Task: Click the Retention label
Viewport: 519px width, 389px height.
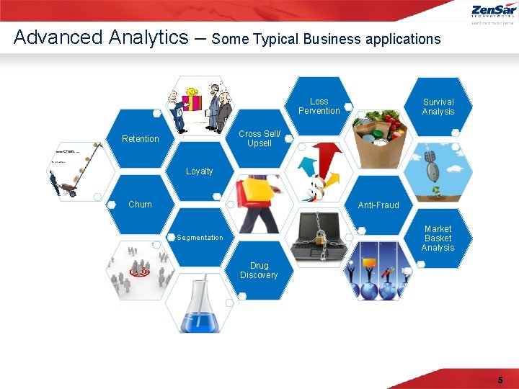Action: pos(141,139)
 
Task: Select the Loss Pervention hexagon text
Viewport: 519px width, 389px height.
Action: pos(319,107)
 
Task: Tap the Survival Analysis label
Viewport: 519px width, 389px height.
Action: pos(438,107)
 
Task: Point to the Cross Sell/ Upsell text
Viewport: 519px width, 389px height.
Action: pos(259,138)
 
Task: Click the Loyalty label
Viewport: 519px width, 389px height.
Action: pos(200,171)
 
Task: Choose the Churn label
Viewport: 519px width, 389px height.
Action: pos(140,205)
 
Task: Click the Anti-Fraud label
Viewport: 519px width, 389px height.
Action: pos(378,205)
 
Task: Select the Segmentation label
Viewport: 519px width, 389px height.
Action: pos(200,238)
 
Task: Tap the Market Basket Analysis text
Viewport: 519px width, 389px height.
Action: pos(438,238)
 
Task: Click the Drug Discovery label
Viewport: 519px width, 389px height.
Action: pos(259,271)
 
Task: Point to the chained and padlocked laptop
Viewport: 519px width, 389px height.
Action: pos(318,238)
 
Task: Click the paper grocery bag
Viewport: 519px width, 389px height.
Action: pos(378,140)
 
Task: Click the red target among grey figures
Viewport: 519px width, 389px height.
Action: pos(138,272)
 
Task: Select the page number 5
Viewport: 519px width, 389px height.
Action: pos(500,380)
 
